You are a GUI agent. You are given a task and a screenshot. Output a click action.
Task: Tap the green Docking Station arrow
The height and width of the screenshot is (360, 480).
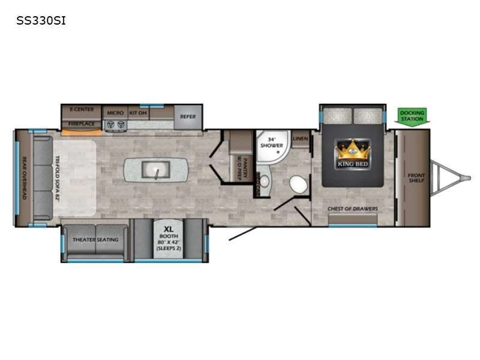[412, 115]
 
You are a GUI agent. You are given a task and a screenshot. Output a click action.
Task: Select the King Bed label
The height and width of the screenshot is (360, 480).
[352, 163]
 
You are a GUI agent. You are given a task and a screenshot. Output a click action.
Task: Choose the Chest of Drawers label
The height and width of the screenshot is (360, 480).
[352, 209]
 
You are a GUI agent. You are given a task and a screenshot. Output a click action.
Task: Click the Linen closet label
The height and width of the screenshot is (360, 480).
[300, 139]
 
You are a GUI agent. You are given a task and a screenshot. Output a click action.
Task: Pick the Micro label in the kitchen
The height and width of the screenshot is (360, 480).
[115, 112]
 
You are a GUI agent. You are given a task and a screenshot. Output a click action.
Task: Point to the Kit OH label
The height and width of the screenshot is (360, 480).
[137, 112]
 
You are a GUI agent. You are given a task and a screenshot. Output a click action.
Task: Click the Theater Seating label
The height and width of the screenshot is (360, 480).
[95, 239]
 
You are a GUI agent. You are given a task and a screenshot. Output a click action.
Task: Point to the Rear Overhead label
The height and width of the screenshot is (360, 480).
[25, 179]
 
